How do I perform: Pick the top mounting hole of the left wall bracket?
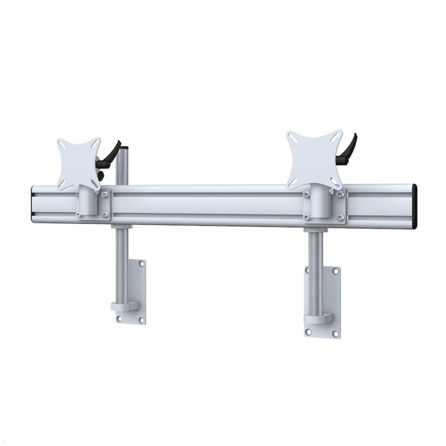click(x=141, y=264)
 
